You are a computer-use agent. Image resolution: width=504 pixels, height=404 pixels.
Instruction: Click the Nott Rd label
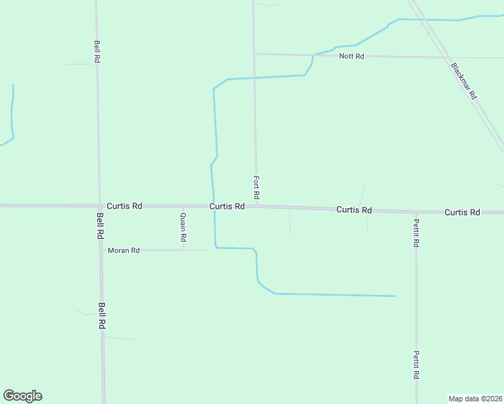pyautogui.click(x=352, y=56)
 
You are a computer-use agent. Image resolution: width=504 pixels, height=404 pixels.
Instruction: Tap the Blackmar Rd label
pyautogui.click(x=464, y=81)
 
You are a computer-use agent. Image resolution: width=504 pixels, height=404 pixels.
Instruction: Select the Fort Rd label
pyautogui.click(x=257, y=187)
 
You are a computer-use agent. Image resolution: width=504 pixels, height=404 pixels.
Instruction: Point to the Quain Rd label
pyautogui.click(x=183, y=228)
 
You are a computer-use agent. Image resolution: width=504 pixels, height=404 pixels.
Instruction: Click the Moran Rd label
pyautogui.click(x=123, y=250)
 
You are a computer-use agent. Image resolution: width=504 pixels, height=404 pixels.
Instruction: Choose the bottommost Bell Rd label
pyautogui.click(x=102, y=315)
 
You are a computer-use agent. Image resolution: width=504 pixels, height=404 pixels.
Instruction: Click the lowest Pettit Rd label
pyautogui.click(x=417, y=364)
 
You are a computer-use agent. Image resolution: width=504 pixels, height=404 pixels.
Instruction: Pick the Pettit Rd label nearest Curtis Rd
pyautogui.click(x=417, y=233)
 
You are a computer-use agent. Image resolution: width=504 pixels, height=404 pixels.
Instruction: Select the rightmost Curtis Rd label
pyautogui.click(x=462, y=212)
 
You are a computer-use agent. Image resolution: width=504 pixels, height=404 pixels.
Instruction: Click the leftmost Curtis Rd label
pyautogui.click(x=125, y=206)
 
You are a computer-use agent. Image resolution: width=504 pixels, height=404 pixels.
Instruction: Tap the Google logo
pyautogui.click(x=22, y=396)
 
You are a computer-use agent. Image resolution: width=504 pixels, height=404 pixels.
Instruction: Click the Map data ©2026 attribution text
pyautogui.click(x=476, y=398)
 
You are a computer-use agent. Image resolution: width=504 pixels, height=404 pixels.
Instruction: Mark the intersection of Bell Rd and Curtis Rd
pyautogui.click(x=100, y=205)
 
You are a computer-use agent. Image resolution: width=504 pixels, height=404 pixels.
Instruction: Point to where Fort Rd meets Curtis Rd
pyautogui.click(x=256, y=207)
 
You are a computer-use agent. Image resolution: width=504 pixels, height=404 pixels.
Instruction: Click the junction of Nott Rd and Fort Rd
pyautogui.click(x=254, y=54)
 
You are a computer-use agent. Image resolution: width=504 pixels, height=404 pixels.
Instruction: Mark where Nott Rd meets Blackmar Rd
pyautogui.click(x=448, y=57)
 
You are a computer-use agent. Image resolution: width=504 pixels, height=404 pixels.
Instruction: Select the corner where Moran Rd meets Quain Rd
pyautogui.click(x=184, y=250)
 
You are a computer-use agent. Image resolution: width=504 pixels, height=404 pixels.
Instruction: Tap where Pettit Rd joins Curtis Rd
pyautogui.click(x=416, y=211)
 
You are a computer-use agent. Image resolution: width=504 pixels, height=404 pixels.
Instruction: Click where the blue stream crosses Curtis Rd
pyautogui.click(x=214, y=206)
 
